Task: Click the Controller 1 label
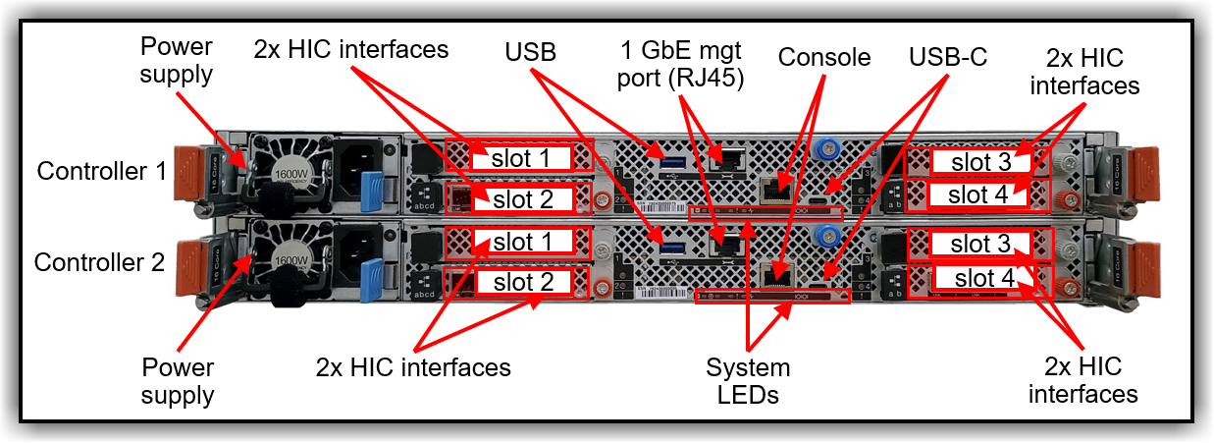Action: click(102, 171)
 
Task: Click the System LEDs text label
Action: click(748, 381)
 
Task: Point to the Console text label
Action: click(823, 57)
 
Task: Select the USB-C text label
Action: click(947, 57)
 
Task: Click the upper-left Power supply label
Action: click(177, 60)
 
